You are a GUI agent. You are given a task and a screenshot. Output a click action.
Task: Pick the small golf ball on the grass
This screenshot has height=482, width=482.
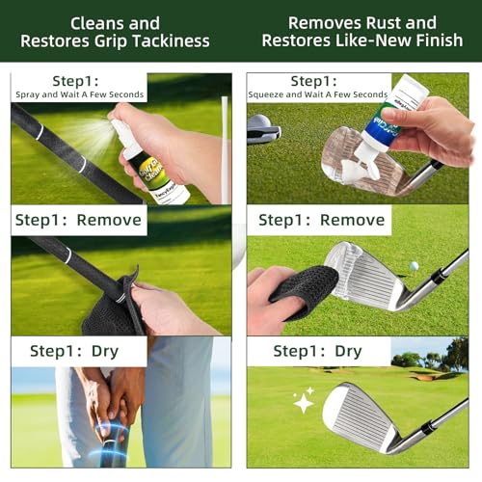tap(414, 266)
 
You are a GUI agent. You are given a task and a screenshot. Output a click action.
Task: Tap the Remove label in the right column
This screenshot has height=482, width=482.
tap(323, 219)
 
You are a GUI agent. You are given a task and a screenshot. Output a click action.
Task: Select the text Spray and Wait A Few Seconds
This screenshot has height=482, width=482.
tap(79, 94)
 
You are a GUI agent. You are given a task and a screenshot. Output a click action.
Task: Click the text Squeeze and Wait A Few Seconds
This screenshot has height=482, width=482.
tap(318, 94)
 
